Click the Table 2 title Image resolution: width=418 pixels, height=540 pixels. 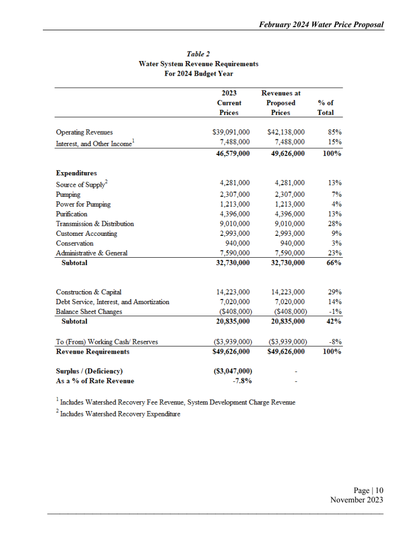click(198, 54)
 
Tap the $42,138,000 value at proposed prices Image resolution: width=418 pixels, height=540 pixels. click(286, 133)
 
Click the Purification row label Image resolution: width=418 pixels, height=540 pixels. click(72, 214)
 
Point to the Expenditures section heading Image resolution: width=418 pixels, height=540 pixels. click(76, 173)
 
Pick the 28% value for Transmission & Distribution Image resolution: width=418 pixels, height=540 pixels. click(335, 224)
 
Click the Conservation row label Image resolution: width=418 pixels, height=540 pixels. click(75, 243)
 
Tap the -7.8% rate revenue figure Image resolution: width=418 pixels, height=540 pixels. click(242, 381)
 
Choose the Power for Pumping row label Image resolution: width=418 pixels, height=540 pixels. click(83, 204)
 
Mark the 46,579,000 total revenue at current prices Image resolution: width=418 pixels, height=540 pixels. click(233, 154)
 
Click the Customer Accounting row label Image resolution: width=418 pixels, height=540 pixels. click(86, 234)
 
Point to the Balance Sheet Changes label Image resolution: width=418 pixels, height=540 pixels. click(89, 311)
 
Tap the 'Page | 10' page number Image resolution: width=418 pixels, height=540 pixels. click(368, 490)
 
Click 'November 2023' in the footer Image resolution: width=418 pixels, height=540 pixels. click(357, 500)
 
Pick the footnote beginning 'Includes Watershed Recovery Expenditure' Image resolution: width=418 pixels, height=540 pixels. click(120, 414)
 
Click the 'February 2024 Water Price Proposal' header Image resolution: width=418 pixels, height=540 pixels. click(321, 25)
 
